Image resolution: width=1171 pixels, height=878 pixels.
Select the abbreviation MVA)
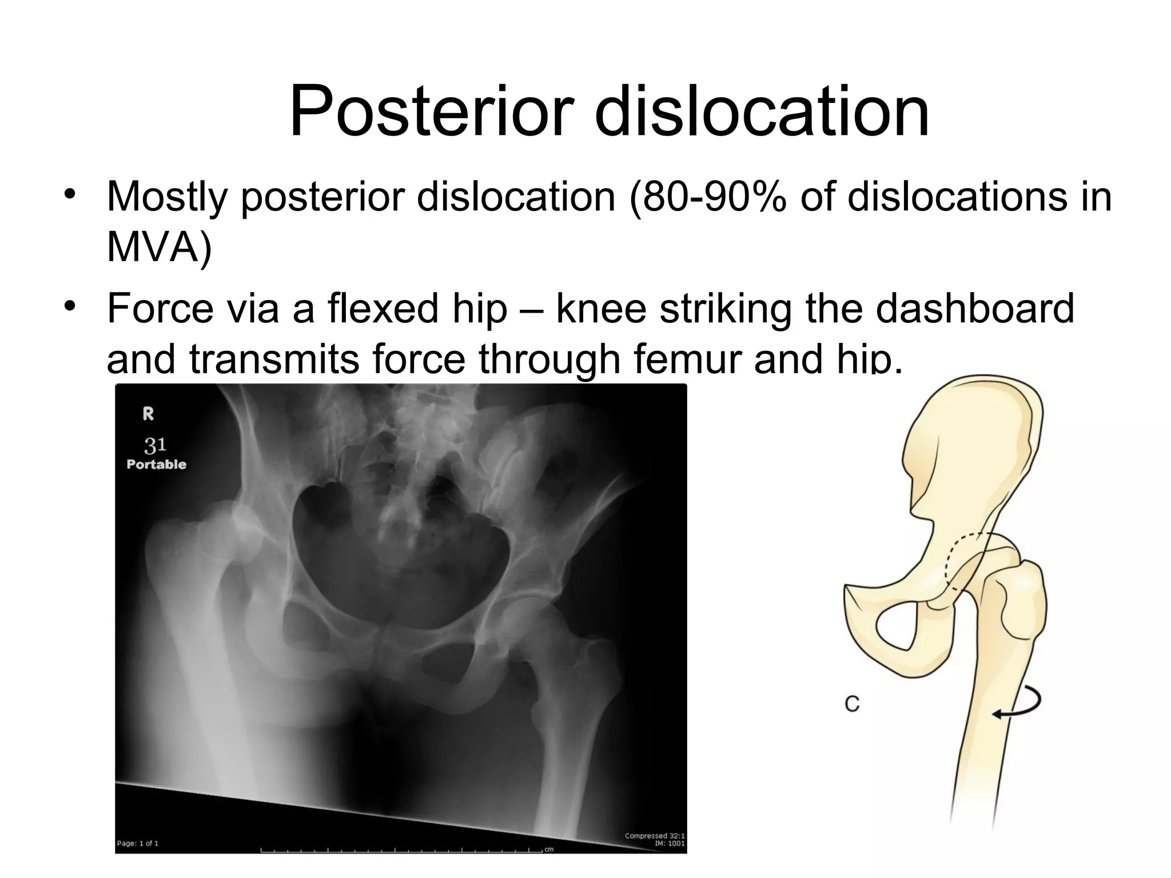click(159, 246)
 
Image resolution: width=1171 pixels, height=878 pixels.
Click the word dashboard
click(974, 308)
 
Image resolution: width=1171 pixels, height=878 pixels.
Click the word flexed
click(395, 308)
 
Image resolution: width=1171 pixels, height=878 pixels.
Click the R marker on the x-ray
click(148, 414)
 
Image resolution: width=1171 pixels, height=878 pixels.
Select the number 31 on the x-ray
click(155, 444)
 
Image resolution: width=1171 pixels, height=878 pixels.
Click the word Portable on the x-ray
click(156, 464)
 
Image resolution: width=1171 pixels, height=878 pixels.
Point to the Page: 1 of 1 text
click(137, 843)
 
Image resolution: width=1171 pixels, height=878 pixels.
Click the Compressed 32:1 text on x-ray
click(654, 836)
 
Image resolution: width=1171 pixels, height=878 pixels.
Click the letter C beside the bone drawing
click(852, 704)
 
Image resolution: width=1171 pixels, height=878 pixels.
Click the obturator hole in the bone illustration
click(897, 628)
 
